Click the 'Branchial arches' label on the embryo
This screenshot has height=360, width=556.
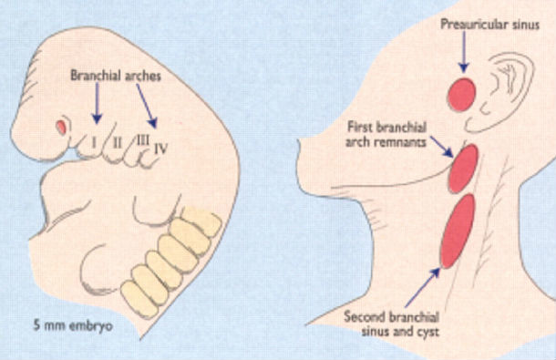click(x=115, y=78)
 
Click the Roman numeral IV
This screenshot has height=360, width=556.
click(x=160, y=144)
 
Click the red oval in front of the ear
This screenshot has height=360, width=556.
click(x=464, y=92)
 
